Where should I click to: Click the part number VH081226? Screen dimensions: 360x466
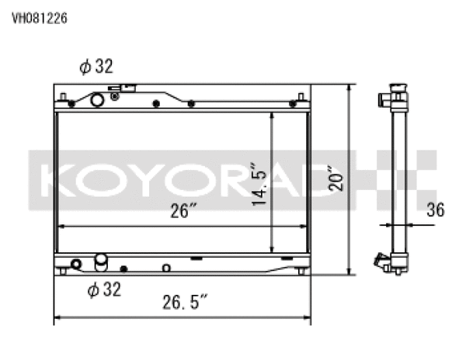point(38,18)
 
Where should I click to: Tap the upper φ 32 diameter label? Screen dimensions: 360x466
point(96,67)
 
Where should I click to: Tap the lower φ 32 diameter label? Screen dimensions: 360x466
point(103,289)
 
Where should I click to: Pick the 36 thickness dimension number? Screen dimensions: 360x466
point(436,209)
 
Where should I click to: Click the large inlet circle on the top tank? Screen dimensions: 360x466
point(98,99)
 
